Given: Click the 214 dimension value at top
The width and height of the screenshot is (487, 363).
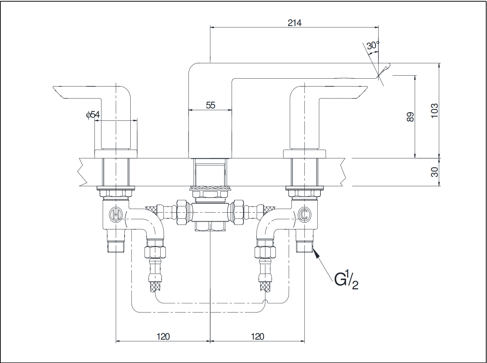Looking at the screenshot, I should point(294,23).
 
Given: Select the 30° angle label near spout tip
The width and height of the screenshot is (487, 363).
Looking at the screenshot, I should point(373,45).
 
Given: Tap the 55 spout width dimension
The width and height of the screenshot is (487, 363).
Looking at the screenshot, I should point(211,105).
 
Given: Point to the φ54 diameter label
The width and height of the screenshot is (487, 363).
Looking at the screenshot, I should point(93,115).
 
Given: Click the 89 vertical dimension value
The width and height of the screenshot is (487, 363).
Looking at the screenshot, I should point(410,117).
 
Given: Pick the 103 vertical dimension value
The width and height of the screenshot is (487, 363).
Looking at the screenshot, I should point(434,111).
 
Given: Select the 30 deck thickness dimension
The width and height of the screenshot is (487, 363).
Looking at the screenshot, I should point(434,172).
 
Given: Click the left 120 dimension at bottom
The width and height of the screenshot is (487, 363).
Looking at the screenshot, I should point(163,337).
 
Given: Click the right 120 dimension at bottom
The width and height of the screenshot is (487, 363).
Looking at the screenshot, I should point(257,337).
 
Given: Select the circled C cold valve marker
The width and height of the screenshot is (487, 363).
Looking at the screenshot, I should point(304,215).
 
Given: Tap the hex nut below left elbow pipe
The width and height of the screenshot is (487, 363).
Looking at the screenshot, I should point(155,252).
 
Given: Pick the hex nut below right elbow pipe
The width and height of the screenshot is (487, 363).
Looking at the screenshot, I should point(265,252).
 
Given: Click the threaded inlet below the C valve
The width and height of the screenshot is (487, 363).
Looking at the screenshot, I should point(304,246).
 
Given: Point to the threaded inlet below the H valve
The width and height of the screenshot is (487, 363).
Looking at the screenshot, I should point(115,246).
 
